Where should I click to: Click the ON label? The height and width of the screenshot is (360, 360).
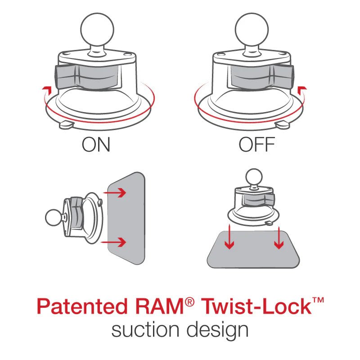[96, 145]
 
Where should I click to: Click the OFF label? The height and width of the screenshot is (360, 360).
[256, 145]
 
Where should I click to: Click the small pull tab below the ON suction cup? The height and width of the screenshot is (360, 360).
[66, 123]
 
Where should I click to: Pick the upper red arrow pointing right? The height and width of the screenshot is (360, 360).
[118, 193]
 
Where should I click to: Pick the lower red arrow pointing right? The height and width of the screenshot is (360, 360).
[118, 242]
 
